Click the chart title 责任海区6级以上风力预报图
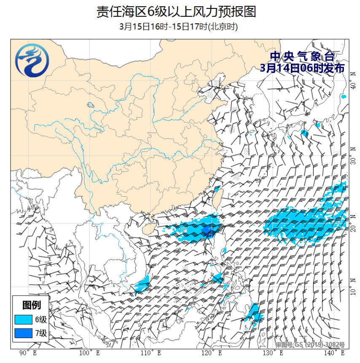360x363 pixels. click(176, 11)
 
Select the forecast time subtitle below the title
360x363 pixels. click(179, 27)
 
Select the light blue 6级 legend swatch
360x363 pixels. click(23, 319)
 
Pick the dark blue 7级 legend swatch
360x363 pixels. click(23, 333)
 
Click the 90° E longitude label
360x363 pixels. click(28, 353)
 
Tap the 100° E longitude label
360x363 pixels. click(89, 353)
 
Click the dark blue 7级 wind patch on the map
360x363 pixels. click(207, 230)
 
